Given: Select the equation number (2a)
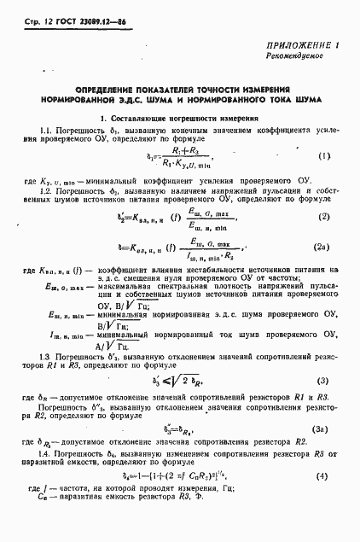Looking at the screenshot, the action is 321,248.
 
